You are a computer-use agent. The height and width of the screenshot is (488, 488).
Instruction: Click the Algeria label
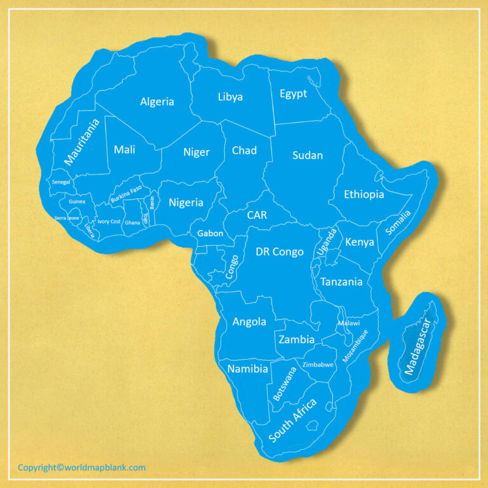point(157,102)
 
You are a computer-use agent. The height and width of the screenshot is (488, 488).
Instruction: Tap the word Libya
point(230,97)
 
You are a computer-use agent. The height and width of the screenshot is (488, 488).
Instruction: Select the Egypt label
point(293,94)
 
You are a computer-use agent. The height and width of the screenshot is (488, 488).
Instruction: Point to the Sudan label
point(308,155)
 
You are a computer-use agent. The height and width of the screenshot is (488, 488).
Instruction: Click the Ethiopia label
point(363,194)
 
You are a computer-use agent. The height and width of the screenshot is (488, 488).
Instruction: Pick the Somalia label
point(398,223)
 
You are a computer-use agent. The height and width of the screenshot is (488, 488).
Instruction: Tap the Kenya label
point(359,242)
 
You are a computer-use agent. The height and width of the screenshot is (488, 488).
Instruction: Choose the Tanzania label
point(341,281)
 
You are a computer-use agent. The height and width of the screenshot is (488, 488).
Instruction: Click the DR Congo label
point(280,252)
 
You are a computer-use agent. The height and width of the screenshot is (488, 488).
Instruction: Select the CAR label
point(257,215)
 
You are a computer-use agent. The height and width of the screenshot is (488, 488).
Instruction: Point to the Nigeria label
point(186,203)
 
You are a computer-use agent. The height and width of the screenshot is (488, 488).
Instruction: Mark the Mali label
point(125,150)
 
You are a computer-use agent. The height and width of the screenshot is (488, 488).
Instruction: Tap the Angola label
point(249,322)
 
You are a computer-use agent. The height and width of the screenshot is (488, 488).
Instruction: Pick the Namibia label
point(248,369)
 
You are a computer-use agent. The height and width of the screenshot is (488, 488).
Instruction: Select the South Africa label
point(293,420)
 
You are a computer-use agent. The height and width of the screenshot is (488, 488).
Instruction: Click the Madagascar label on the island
point(417,346)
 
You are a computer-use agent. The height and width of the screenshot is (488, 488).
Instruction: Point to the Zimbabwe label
point(318,365)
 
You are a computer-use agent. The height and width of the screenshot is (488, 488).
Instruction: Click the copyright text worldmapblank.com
point(81,468)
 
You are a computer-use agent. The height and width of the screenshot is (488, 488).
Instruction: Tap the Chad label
point(244,151)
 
